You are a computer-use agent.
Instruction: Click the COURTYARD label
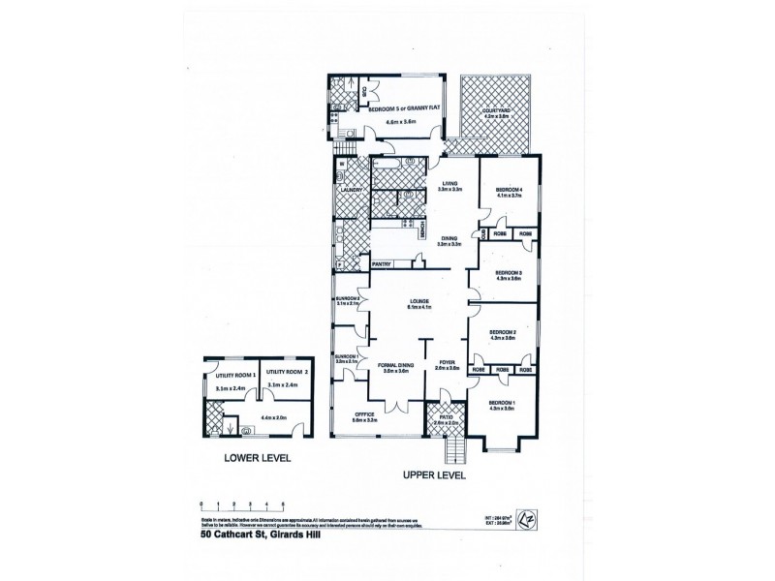pos(498,112)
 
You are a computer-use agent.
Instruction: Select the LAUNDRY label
pos(351,190)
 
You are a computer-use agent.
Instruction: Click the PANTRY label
pos(382,260)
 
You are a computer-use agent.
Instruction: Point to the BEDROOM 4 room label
pos(509,190)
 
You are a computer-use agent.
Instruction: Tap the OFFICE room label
pos(364,418)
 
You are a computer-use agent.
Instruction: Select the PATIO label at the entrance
pos(445,420)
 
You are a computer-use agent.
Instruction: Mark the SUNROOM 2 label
pos(348,299)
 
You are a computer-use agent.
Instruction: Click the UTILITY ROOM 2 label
pos(288,372)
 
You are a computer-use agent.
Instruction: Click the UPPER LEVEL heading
pos(434,476)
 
